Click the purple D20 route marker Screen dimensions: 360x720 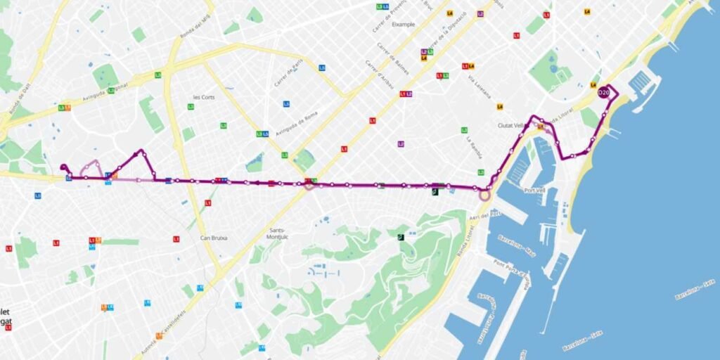pyautogui.click(x=603, y=93)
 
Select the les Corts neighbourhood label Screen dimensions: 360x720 pyautogui.click(x=203, y=97)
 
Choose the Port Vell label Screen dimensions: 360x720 pyautogui.click(x=534, y=191)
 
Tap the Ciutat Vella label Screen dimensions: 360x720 pyautogui.click(x=510, y=126)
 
